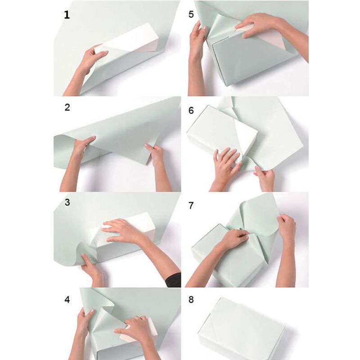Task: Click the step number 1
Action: pos(67,15)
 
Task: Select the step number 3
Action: pos(67,202)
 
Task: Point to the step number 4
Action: pos(67,299)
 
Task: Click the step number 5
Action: pos(191,14)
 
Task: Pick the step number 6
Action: pos(191,110)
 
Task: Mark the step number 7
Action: pos(191,205)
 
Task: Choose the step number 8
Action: pos(191,299)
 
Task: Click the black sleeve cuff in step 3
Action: pos(174,280)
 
